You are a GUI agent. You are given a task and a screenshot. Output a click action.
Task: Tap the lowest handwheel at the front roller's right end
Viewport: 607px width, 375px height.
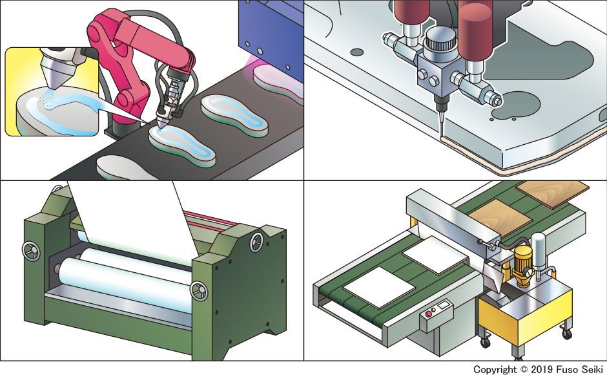197,292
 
